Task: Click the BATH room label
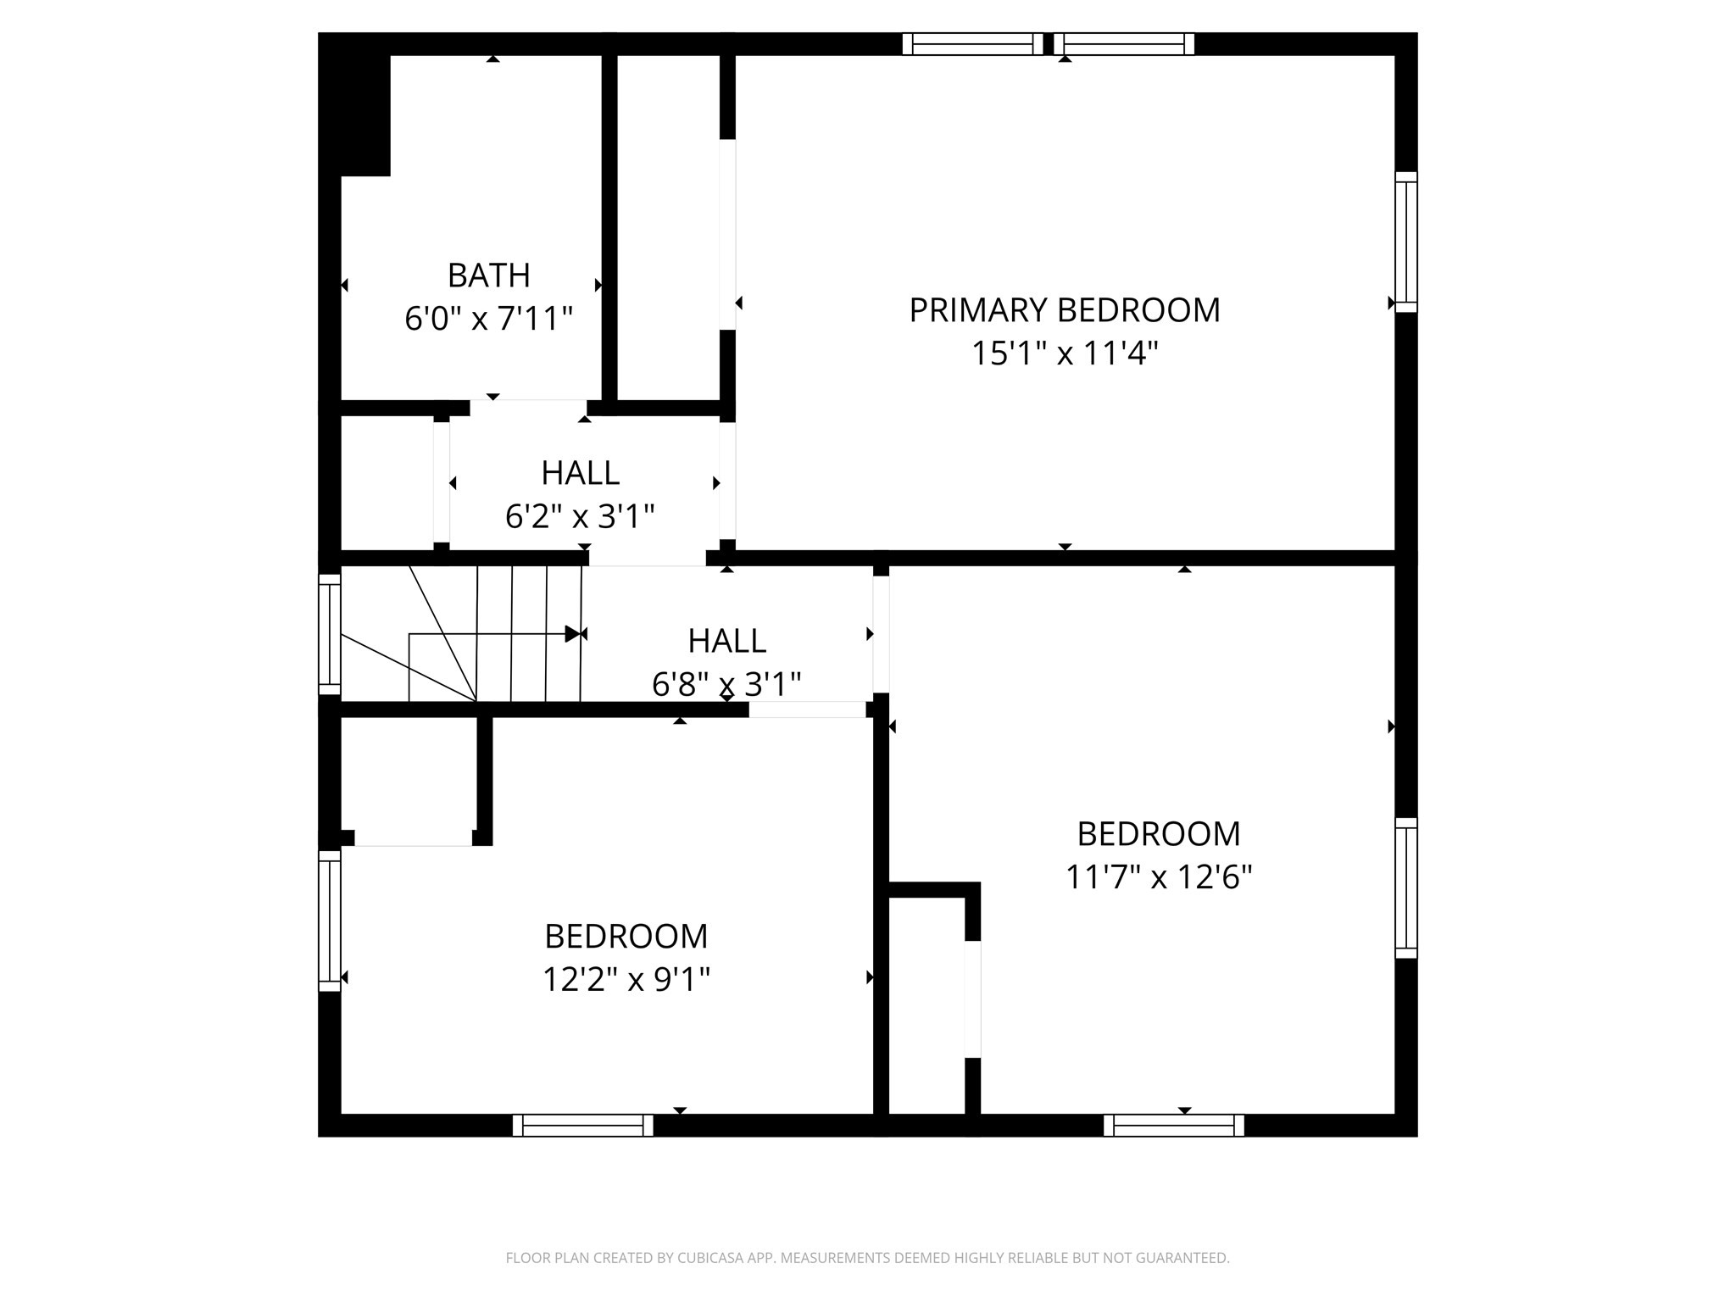(x=489, y=275)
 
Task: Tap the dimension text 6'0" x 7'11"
(x=489, y=320)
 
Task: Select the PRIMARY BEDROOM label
(x=1065, y=310)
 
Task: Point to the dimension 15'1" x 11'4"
(x=1065, y=353)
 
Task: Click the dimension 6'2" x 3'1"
(x=580, y=516)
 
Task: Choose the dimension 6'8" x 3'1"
(x=726, y=684)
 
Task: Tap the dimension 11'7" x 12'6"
(x=1159, y=877)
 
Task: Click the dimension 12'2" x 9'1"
(x=626, y=980)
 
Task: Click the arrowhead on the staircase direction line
(x=573, y=634)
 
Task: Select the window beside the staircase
(x=330, y=634)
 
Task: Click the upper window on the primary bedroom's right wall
(x=1406, y=242)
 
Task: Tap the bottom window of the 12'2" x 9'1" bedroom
(x=583, y=1126)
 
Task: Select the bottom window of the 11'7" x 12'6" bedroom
(x=1174, y=1126)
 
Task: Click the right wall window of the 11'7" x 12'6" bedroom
(x=1406, y=888)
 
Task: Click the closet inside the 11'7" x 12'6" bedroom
(x=926, y=1004)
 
